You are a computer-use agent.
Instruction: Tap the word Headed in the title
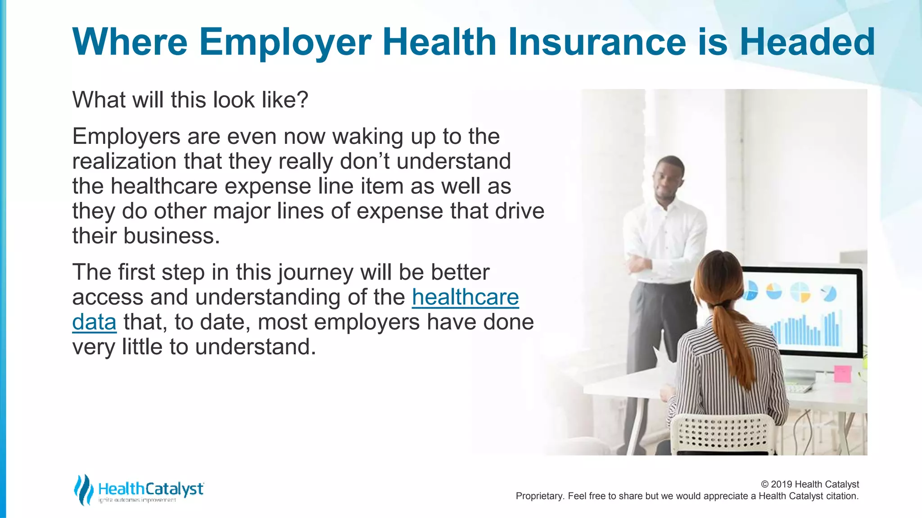pos(807,42)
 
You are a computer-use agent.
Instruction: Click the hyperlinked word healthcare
pos(465,297)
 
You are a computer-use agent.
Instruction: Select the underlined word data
pos(94,322)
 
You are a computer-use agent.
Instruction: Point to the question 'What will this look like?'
pos(190,100)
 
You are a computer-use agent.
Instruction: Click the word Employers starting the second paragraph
pos(126,137)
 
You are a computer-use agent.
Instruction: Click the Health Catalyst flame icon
pos(83,489)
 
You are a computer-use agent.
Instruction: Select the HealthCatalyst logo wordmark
pos(150,489)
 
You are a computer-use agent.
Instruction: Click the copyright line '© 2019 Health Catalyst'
pos(809,484)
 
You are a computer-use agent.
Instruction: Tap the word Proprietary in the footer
pos(539,496)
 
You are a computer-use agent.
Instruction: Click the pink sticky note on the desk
pos(842,374)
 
